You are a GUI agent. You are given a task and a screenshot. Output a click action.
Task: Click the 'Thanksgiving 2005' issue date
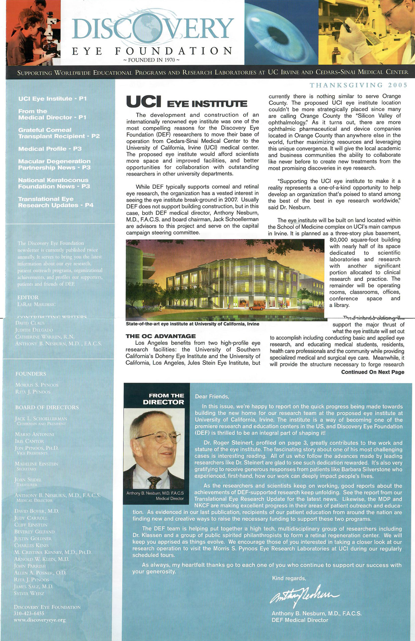tap(358, 85)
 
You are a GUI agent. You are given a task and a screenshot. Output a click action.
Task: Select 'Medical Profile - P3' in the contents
tap(50, 149)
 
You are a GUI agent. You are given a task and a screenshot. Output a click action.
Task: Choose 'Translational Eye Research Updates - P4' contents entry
tap(56, 202)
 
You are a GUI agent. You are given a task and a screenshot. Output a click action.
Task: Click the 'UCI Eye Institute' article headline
tap(186, 102)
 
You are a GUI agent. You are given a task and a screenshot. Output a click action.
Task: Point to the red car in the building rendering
tap(257, 307)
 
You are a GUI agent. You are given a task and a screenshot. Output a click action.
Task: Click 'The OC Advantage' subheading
tap(161, 336)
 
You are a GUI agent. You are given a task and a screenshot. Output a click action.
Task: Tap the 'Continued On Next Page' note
tap(372, 372)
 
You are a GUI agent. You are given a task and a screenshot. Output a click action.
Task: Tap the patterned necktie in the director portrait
tap(154, 482)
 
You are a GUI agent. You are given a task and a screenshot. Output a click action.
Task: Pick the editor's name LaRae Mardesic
tap(37, 304)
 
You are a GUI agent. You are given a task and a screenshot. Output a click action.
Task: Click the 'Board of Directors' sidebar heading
tap(47, 407)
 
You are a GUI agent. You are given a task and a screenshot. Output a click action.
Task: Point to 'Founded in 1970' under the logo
tap(151, 60)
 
